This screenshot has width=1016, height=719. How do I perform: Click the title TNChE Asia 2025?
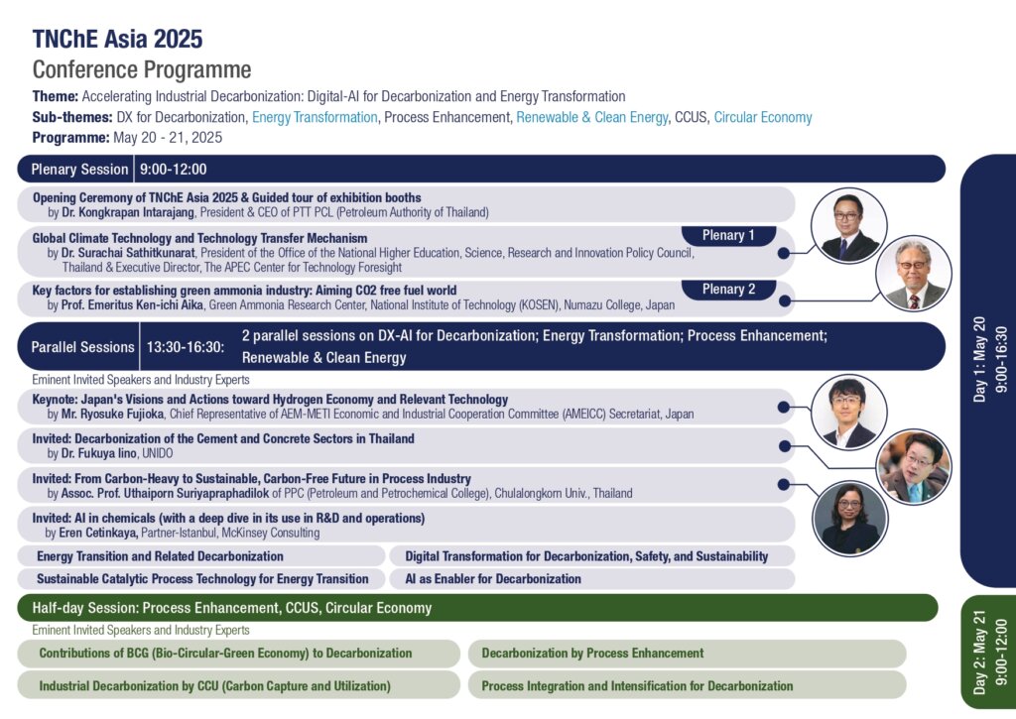point(117,40)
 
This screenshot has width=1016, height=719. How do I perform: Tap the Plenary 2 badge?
point(729,290)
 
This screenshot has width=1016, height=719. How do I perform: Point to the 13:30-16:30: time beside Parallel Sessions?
point(186,347)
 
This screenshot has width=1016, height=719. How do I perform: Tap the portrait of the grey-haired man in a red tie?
point(914,274)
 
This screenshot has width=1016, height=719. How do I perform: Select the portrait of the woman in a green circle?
point(850,517)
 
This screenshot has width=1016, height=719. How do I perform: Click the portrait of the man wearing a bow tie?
point(848,413)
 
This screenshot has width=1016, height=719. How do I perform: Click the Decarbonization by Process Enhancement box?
point(592,654)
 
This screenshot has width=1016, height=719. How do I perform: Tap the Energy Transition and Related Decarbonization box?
point(161,556)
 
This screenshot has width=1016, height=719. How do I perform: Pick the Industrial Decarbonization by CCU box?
point(214,685)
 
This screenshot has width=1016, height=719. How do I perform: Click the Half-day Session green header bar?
point(476,608)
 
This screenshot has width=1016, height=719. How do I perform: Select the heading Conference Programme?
point(142,70)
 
